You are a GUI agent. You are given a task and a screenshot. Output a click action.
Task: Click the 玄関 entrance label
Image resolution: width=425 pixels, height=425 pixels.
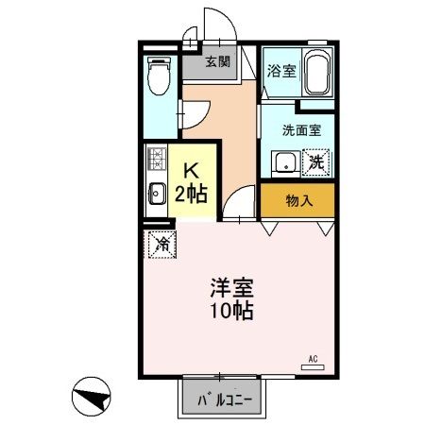click(x=218, y=62)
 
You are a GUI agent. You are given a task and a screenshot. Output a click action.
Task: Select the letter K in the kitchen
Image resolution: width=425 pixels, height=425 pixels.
click(x=189, y=171)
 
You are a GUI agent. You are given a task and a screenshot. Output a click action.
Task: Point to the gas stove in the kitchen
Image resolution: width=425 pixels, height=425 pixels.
click(x=156, y=165)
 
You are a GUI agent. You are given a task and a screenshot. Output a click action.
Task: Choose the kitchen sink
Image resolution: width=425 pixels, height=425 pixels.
click(x=156, y=196)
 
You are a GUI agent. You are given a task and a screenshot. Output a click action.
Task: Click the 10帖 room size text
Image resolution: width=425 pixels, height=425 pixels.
click(x=232, y=311)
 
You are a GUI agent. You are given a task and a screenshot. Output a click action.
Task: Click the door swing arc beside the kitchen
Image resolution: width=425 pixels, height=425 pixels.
click(x=240, y=200)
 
